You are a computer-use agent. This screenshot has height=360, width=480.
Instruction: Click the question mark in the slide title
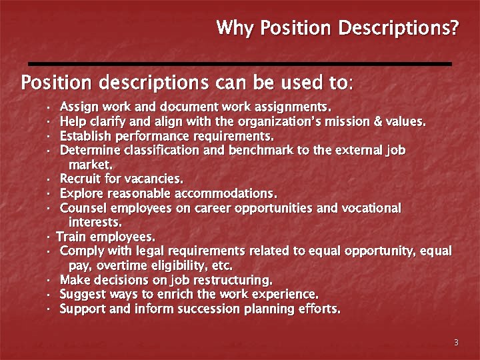[x=455, y=29]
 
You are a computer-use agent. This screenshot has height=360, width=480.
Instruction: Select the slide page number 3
[x=456, y=343]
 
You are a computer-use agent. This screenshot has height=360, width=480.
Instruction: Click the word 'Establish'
[x=83, y=136]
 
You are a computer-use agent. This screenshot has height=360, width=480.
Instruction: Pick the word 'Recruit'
[x=79, y=179]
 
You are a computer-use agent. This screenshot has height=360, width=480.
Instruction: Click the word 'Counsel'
[x=81, y=208]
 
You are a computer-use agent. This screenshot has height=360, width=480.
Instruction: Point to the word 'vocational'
[x=371, y=208]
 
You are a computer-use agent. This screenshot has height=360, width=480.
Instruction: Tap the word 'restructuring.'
[x=229, y=280]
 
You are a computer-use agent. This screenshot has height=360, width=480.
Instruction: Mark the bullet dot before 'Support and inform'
[x=50, y=309]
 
